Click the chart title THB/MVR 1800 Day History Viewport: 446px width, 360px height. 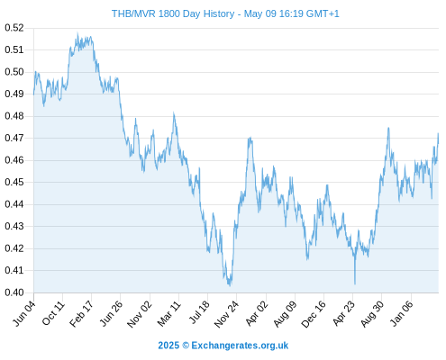[x=173, y=13]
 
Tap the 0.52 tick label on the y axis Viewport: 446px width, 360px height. [x=14, y=28]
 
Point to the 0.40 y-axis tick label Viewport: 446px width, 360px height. [x=14, y=292]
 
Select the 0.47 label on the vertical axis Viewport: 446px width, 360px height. [x=14, y=138]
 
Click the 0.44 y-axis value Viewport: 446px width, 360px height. [x=14, y=204]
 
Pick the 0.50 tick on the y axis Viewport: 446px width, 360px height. [x=14, y=72]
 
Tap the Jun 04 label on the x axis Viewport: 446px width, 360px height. [x=24, y=313]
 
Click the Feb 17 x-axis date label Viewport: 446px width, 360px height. [x=81, y=314]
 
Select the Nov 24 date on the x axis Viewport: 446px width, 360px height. [x=226, y=314]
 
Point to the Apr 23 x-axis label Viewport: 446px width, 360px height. [x=343, y=313]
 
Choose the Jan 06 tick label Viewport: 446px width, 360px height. [x=402, y=313]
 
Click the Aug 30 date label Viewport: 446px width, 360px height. [x=372, y=314]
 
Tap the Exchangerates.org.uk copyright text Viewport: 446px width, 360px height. [x=223, y=346]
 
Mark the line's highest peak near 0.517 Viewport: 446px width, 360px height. [x=77, y=33]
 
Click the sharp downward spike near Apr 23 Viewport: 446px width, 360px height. [x=355, y=283]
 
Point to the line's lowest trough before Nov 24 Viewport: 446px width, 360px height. [x=230, y=285]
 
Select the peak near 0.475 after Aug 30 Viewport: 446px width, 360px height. [x=388, y=128]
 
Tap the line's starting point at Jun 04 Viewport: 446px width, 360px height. [x=33, y=94]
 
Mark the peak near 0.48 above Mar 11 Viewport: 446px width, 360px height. [x=174, y=113]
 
